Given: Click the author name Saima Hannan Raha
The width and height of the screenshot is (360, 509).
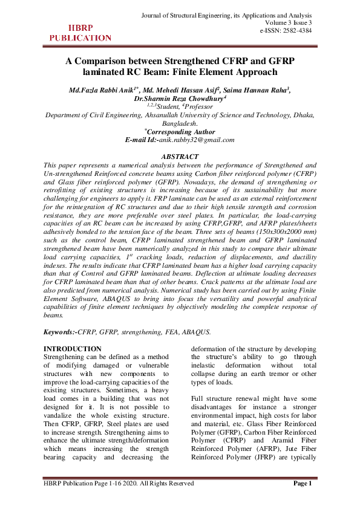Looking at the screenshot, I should click(255, 90).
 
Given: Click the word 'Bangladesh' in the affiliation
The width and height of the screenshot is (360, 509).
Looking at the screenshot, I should click(179, 123).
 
